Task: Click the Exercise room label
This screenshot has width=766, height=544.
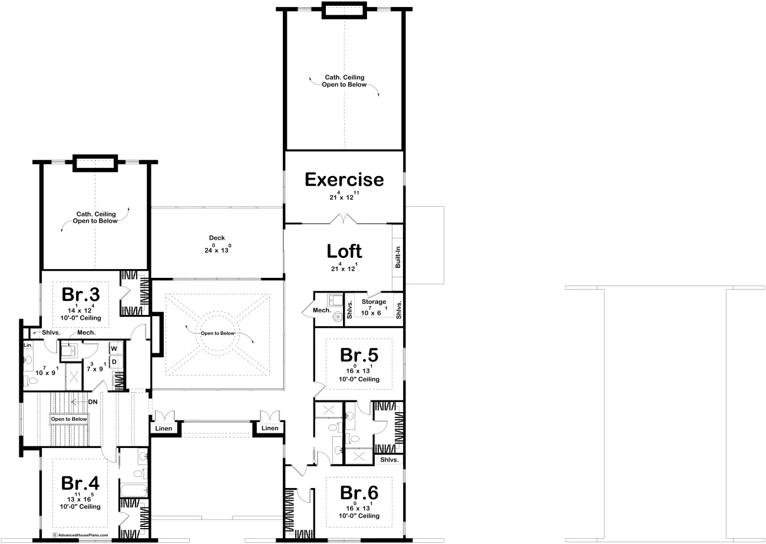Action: click(x=344, y=180)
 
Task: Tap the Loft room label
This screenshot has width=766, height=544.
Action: click(x=344, y=251)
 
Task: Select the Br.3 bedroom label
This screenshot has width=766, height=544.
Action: click(x=81, y=294)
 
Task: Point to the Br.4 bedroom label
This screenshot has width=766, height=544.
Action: click(x=80, y=483)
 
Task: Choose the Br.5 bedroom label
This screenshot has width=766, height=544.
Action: click(x=359, y=356)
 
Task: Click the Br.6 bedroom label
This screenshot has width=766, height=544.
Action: click(x=359, y=493)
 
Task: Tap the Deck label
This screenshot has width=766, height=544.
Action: click(x=217, y=238)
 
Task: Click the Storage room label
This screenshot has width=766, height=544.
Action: click(x=374, y=301)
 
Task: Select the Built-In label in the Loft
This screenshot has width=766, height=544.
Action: click(x=398, y=257)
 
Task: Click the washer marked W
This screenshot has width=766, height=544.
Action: click(x=114, y=349)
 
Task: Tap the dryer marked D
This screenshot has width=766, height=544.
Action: click(x=114, y=362)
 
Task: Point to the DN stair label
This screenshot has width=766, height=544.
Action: click(x=93, y=402)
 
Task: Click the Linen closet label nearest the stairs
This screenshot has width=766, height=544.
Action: click(x=163, y=429)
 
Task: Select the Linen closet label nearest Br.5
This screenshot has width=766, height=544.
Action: click(x=270, y=428)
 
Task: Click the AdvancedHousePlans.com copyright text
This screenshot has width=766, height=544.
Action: click(x=80, y=535)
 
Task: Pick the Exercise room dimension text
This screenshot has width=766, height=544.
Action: click(x=344, y=196)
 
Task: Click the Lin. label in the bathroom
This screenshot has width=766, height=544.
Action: click(x=28, y=345)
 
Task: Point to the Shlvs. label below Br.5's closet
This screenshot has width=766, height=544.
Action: click(x=389, y=460)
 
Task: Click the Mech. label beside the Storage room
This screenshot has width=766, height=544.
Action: click(x=322, y=310)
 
